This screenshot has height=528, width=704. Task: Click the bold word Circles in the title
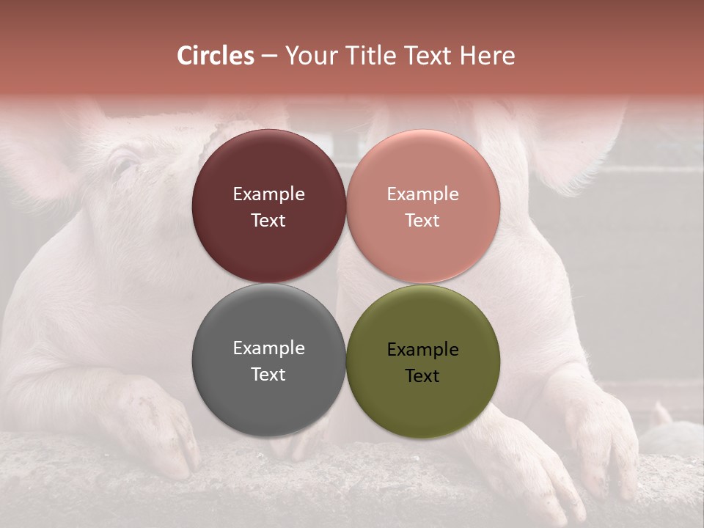(216, 56)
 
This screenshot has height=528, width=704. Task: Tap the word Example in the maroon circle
(268, 194)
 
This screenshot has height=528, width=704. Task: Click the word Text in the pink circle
(422, 221)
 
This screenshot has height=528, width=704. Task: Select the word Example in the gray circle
(268, 348)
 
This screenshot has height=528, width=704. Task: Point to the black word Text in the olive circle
(422, 376)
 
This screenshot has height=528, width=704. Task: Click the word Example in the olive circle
(422, 350)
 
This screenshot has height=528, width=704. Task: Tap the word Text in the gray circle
(268, 375)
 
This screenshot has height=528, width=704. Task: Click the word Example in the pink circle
(422, 194)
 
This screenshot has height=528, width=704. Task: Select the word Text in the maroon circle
(268, 221)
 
